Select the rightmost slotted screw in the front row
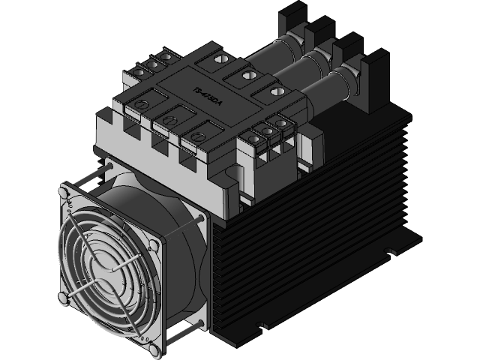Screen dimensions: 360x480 [197, 136]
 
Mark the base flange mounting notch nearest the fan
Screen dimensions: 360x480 [262, 325]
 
